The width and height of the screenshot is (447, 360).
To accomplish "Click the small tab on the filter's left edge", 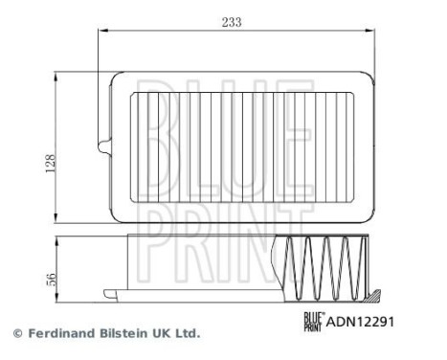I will click(x=102, y=146).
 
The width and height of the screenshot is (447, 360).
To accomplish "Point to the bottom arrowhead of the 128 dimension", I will click(x=61, y=214).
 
